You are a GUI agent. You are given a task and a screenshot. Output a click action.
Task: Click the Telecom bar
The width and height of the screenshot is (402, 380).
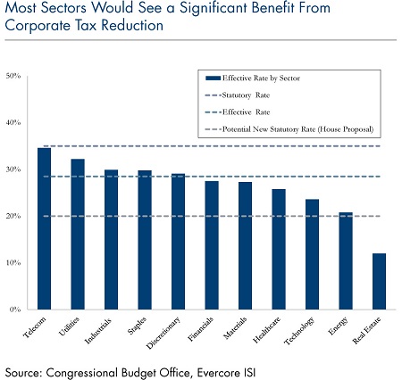click(44, 228)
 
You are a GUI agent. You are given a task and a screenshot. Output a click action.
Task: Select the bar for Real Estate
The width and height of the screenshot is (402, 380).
click(379, 281)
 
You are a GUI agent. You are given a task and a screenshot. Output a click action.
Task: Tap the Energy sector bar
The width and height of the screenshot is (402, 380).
click(346, 260)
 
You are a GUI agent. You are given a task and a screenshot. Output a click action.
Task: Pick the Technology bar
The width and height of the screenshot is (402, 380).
click(312, 254)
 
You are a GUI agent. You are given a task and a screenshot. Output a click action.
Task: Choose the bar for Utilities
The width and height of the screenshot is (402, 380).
click(78, 234)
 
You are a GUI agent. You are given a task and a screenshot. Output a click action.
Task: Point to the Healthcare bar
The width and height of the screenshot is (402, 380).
click(279, 249)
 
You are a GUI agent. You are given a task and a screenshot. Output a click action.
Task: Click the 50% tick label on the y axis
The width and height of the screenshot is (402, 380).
click(13, 76)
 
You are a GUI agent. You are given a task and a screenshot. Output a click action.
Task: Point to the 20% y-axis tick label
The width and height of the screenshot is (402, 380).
click(13, 216)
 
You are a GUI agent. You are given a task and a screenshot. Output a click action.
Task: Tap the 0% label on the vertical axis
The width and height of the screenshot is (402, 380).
click(15, 310)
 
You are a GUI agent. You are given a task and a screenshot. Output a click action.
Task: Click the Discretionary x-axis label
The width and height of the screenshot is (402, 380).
click(163, 333)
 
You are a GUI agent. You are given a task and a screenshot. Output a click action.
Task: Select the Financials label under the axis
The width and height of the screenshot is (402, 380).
click(201, 329)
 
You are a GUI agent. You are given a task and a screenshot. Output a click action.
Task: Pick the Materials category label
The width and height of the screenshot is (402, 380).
click(235, 328)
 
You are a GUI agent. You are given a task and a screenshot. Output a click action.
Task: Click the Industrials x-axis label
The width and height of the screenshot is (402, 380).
click(98, 331)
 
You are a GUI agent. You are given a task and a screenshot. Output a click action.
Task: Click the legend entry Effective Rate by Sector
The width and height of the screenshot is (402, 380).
click(253, 78)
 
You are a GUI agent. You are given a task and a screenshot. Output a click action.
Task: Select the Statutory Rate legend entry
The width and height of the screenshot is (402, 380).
click(238, 95)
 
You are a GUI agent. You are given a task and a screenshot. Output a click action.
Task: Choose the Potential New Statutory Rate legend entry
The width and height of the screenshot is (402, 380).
click(289, 129)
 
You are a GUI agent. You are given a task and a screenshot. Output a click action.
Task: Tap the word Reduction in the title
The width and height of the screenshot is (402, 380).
click(132, 25)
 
